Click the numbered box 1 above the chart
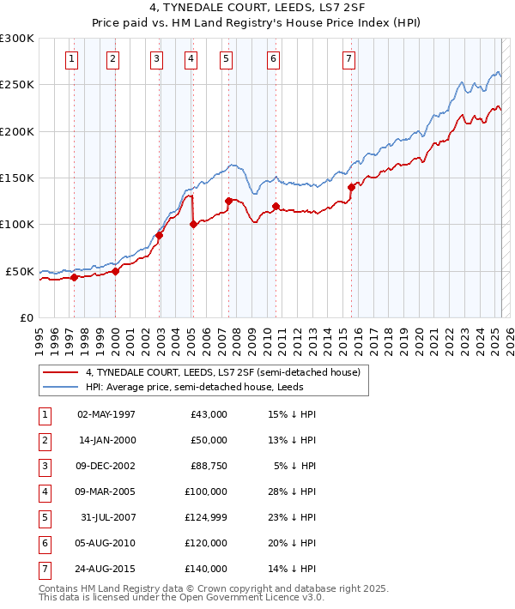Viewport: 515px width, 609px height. pyautogui.click(x=71, y=59)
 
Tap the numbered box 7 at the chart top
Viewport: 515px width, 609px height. pyautogui.click(x=348, y=59)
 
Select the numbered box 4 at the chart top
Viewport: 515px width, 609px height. pyautogui.click(x=190, y=59)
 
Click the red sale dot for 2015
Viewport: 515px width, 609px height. pyautogui.click(x=351, y=187)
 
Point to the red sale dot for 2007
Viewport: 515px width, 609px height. pyautogui.click(x=228, y=201)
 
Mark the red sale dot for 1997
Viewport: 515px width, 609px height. pyautogui.click(x=74, y=277)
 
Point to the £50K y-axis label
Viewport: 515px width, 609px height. pyautogui.click(x=19, y=271)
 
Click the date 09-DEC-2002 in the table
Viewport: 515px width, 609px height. pyautogui.click(x=106, y=466)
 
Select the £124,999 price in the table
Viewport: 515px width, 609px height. pyautogui.click(x=206, y=517)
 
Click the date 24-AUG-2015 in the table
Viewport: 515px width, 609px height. pyautogui.click(x=106, y=569)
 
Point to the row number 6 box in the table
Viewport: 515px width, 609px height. pyautogui.click(x=44, y=543)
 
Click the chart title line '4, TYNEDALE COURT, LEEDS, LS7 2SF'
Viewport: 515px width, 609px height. pyautogui.click(x=257, y=11)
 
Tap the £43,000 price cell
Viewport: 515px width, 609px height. pyautogui.click(x=209, y=414)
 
